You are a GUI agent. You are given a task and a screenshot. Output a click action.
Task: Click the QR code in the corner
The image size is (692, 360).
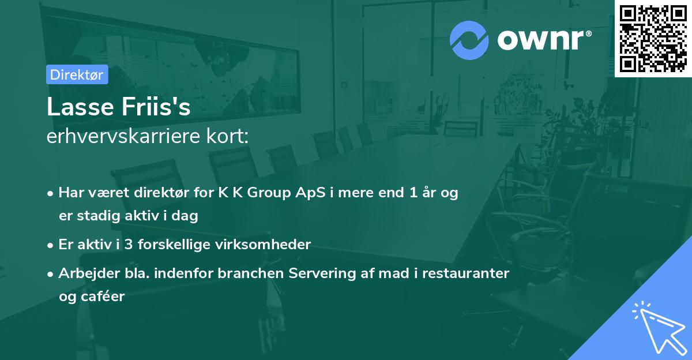tap(652, 39)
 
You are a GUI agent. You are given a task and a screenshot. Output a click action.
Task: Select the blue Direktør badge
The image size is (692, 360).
tap(77, 74)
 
